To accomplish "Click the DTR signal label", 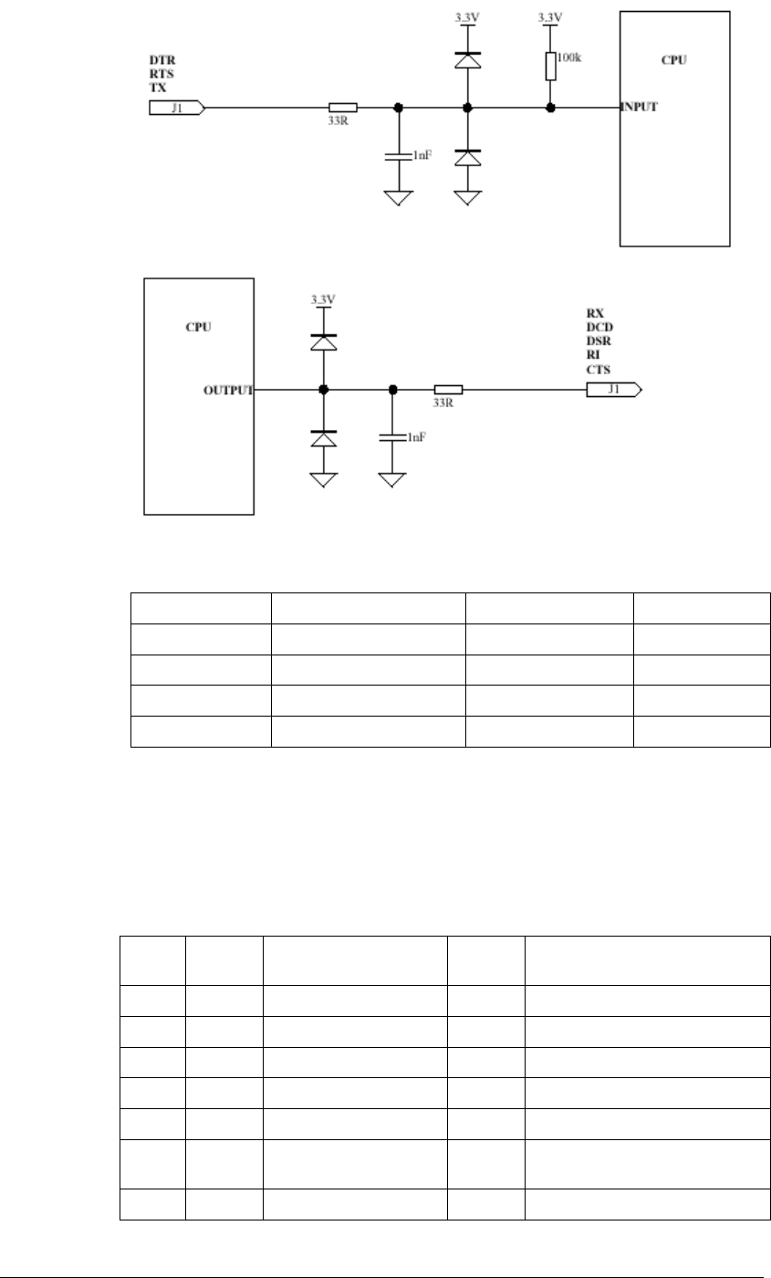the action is pyautogui.click(x=161, y=61).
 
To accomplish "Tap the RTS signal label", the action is pyautogui.click(x=161, y=75).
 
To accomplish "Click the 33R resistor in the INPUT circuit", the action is pyautogui.click(x=342, y=108).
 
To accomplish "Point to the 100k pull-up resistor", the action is pyautogui.click(x=550, y=67).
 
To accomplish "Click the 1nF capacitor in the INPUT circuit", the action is pyautogui.click(x=398, y=156).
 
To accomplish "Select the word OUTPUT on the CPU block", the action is pyautogui.click(x=228, y=391).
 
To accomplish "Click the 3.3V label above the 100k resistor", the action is pyautogui.click(x=550, y=17).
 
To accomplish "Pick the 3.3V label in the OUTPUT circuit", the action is pyautogui.click(x=323, y=299).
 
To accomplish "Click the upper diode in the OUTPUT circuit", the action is pyautogui.click(x=323, y=341).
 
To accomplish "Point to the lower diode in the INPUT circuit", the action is pyautogui.click(x=467, y=156).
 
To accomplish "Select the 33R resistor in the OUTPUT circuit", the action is pyautogui.click(x=448, y=390).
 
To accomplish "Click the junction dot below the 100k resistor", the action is pyautogui.click(x=550, y=108).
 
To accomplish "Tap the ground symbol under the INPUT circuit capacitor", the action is pyautogui.click(x=398, y=197).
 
